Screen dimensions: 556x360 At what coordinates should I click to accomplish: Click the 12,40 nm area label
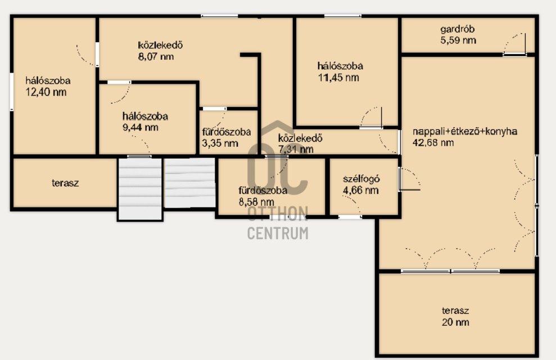[46, 92]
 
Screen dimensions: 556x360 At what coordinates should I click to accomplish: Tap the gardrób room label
[458, 29]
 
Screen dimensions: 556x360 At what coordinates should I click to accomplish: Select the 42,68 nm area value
[433, 142]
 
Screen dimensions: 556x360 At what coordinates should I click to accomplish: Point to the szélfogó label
[361, 179]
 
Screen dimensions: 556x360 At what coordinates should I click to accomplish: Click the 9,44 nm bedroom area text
[140, 128]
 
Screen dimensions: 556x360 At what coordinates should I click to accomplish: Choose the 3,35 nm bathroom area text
[220, 143]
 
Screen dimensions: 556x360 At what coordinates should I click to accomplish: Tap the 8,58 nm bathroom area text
[256, 202]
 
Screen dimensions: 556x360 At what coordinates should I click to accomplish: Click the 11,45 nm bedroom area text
[338, 78]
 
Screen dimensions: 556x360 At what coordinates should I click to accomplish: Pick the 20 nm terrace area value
[455, 322]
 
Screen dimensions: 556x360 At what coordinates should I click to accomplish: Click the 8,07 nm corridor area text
[156, 57]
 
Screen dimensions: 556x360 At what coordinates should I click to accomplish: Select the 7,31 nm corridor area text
[296, 149]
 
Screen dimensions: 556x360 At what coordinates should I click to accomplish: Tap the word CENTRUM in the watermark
[278, 233]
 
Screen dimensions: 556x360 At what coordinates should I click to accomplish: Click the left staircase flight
[140, 188]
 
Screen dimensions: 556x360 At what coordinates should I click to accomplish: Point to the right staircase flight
[190, 183]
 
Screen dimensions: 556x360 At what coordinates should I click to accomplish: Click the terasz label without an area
[65, 183]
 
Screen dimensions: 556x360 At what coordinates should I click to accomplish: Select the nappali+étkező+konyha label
[465, 132]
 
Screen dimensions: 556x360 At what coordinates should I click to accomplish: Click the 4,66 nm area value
[360, 191]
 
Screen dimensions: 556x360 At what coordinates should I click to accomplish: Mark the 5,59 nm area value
[458, 40]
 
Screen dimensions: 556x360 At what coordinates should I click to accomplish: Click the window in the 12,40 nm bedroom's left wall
[12, 92]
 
